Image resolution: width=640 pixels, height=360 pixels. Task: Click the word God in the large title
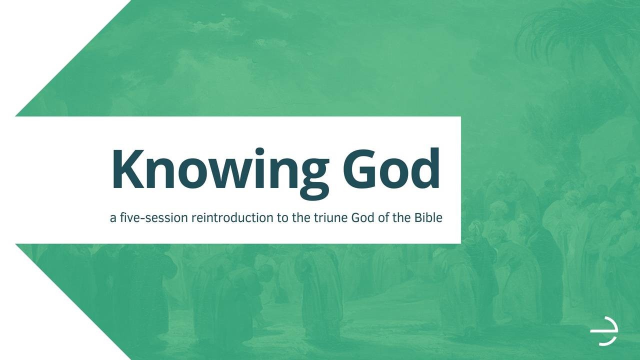391,169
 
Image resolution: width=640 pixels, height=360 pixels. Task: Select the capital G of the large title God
359,169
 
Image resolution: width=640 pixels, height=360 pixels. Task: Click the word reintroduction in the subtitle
232,217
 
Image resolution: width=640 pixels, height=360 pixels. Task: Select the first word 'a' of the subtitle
113,218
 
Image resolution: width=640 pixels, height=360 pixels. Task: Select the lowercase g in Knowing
314,180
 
